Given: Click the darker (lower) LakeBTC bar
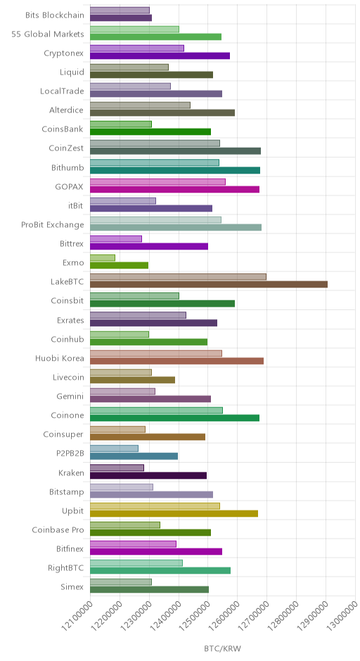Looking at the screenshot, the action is tap(209, 285).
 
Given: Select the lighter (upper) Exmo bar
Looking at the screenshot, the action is tap(103, 257).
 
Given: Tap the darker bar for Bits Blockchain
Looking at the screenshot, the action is tap(121, 18).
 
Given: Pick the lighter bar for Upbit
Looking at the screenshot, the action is tap(155, 506).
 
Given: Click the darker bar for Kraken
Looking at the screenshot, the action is tap(148, 475).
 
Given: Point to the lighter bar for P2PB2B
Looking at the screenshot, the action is tap(114, 449).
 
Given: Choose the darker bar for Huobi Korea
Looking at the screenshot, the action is tap(176, 361).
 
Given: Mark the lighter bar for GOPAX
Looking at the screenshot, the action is tap(157, 181).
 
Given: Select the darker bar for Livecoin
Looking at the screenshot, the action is tap(132, 380).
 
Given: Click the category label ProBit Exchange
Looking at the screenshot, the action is tap(53, 225).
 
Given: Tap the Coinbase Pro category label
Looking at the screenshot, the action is tap(58, 530).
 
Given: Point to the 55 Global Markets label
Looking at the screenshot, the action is tap(48, 34).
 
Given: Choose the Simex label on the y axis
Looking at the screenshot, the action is tap(72, 586).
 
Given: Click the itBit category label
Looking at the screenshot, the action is tap(75, 206).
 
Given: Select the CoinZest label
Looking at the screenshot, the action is tap(66, 148).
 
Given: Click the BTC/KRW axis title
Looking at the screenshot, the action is tap(223, 649).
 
